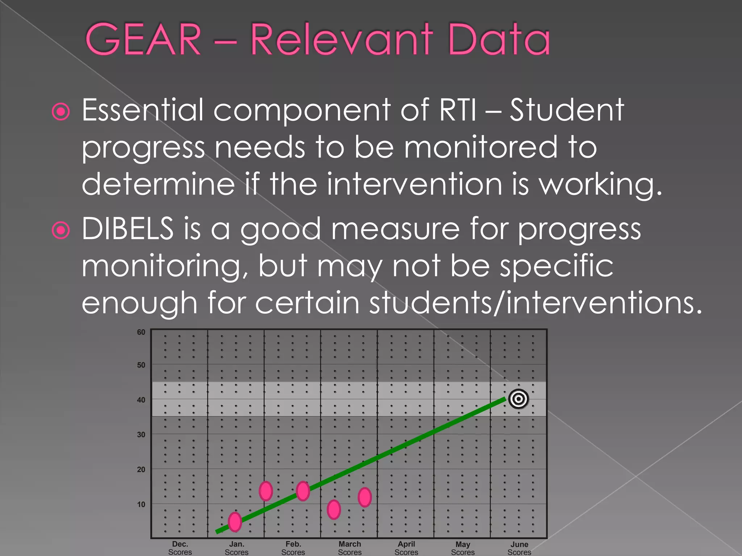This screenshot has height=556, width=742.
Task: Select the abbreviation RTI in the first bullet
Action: (457, 110)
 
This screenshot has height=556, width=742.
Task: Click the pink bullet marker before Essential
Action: (61, 111)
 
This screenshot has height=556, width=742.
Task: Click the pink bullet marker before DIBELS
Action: (61, 230)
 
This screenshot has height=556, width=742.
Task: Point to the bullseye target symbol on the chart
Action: (518, 399)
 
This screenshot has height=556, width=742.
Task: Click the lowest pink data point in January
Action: (235, 522)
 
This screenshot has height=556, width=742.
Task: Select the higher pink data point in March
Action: (364, 497)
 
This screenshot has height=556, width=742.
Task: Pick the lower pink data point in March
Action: (334, 509)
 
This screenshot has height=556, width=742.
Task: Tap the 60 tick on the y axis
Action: (141, 332)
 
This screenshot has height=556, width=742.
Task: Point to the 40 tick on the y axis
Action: (141, 400)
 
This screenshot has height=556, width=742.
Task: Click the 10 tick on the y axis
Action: (141, 504)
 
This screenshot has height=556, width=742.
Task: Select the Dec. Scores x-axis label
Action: (180, 548)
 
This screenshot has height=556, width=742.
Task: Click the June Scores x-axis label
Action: (519, 548)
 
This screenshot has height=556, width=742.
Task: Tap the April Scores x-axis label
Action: (406, 548)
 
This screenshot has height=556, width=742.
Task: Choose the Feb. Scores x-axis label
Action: (293, 548)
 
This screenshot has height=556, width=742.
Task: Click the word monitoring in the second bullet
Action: (162, 266)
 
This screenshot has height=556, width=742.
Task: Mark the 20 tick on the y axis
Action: (141, 469)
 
